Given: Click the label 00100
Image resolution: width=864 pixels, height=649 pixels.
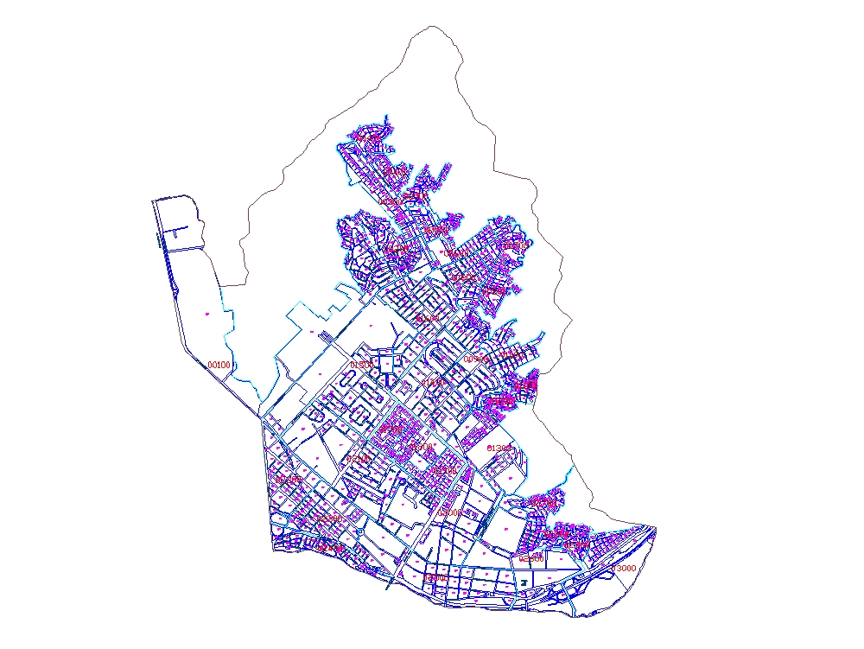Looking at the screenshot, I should (x=219, y=365).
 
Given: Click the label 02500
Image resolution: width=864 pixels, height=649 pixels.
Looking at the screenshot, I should (x=531, y=558).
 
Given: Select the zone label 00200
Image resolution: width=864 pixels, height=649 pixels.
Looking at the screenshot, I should (x=370, y=137).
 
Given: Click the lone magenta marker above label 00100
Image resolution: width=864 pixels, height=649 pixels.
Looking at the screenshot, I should (x=207, y=314).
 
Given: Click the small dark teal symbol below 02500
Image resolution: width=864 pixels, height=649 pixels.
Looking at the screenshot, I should (x=524, y=588).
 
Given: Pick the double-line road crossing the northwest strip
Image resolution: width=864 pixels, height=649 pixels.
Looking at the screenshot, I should (x=181, y=248).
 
